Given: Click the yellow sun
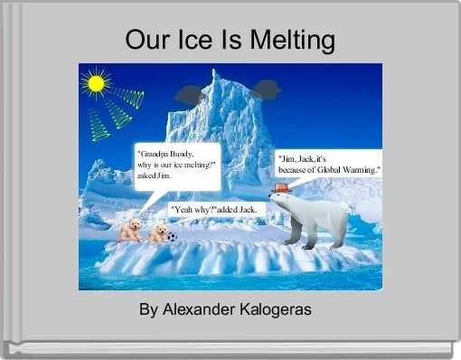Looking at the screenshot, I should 94,83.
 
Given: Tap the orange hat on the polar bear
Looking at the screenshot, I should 281,188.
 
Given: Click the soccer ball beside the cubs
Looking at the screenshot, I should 172,238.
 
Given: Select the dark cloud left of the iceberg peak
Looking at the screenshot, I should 190,93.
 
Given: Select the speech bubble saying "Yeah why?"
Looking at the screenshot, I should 215,210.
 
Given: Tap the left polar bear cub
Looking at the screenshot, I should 131,229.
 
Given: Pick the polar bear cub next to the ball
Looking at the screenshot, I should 157,234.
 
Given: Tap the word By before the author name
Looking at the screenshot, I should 147,309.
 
